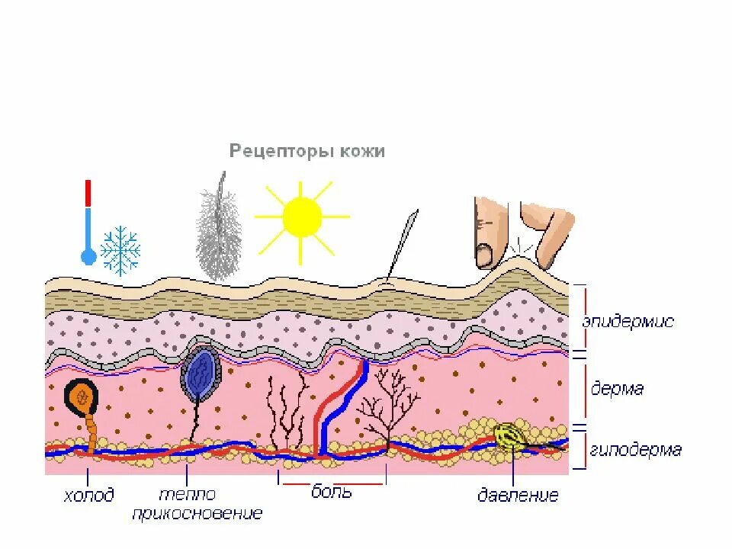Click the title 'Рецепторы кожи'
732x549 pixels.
[307, 151]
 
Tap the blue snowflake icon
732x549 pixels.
[120, 250]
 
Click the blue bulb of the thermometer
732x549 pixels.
[88, 257]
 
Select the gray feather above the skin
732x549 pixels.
[219, 233]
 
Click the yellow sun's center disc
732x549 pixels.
[302, 217]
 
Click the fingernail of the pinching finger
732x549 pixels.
[485, 255]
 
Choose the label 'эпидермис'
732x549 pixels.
[628, 322]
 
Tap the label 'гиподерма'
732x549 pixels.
[635, 449]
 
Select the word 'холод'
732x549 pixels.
[88, 496]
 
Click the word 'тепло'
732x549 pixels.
[188, 494]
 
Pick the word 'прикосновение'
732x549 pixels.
[197, 513]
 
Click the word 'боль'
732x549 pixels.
[332, 491]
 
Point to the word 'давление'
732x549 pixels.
[518, 496]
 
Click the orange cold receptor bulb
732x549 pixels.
[82, 396]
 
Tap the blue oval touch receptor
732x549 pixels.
[201, 374]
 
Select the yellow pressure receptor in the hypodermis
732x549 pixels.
[508, 435]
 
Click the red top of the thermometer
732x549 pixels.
[88, 193]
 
